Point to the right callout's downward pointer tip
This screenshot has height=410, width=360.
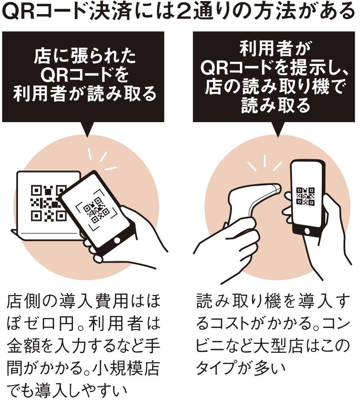(x=276, y=135)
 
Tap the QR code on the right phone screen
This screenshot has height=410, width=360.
(x=305, y=196)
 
